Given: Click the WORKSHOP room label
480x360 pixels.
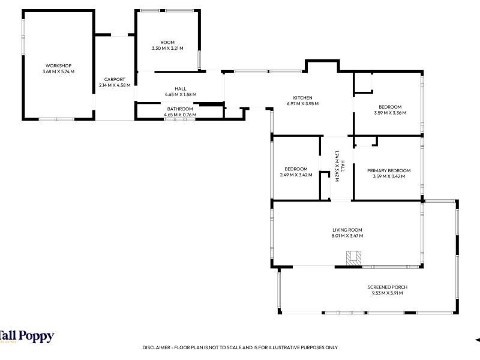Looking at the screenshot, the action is pyautogui.click(x=58, y=65).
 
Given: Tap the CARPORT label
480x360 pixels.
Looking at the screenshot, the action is pyautogui.click(x=115, y=79).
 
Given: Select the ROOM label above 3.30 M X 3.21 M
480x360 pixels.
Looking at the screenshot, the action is pyautogui.click(x=167, y=42).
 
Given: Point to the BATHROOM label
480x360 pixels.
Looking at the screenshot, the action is pyautogui.click(x=180, y=109).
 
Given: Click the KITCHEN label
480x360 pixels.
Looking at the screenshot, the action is pyautogui.click(x=303, y=98).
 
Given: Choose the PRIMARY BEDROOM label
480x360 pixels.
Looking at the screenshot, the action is pyautogui.click(x=389, y=170).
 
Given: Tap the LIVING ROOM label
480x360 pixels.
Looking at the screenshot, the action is pyautogui.click(x=347, y=230).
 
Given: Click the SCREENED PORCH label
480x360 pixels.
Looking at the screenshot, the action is pyautogui.click(x=387, y=287).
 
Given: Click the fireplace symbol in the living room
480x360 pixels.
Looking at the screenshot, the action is pyautogui.click(x=353, y=259).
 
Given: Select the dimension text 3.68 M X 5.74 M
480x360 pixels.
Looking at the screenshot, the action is pyautogui.click(x=58, y=71).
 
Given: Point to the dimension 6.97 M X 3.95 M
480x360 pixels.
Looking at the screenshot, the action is pyautogui.click(x=303, y=104).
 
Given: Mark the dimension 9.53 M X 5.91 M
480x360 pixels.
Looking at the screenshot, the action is pyautogui.click(x=387, y=293).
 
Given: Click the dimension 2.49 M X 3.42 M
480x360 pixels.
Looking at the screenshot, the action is pyautogui.click(x=296, y=175).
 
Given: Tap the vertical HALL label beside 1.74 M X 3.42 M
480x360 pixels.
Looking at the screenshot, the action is pyautogui.click(x=343, y=166).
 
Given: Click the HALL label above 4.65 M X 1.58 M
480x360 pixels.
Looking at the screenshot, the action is pyautogui.click(x=181, y=89).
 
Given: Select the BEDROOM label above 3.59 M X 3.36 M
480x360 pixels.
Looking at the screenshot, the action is pyautogui.click(x=390, y=107).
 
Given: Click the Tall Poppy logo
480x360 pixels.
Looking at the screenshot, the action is pyautogui.click(x=27, y=337).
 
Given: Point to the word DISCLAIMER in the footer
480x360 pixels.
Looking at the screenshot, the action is pyautogui.click(x=156, y=347).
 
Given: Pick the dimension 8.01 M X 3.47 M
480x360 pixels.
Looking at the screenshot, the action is pyautogui.click(x=347, y=236).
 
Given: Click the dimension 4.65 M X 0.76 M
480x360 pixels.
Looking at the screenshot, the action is pyautogui.click(x=180, y=115).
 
